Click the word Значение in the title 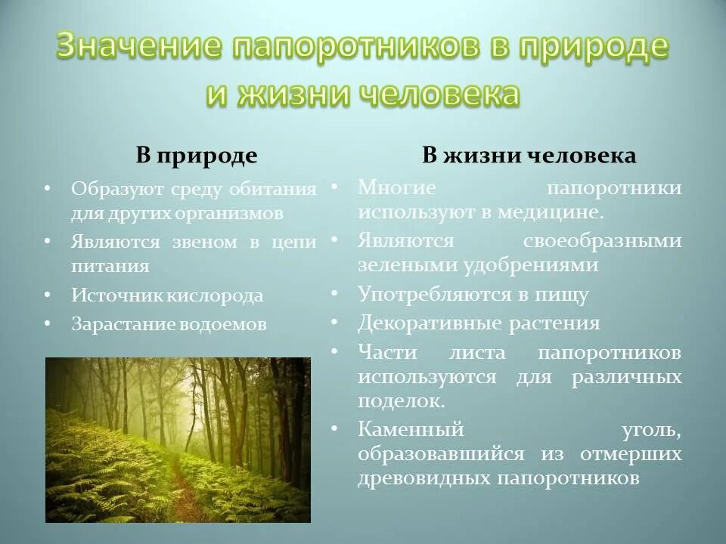point(139,46)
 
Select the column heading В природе point(197,156)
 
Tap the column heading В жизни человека point(529,156)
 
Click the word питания point(110,266)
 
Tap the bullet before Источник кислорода point(48,295)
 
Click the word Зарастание point(123,324)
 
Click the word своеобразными point(602,241)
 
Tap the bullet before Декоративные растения point(334,323)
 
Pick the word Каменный point(410,430)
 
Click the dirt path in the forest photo point(182,495)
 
